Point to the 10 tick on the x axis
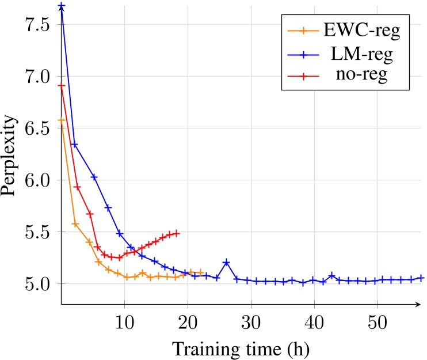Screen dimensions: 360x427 (x=124, y=320)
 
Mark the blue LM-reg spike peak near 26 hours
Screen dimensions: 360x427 (x=226, y=262)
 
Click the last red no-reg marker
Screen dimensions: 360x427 (x=176, y=233)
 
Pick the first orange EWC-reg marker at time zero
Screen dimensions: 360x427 (x=62, y=120)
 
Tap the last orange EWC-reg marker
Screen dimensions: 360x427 (x=200, y=272)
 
